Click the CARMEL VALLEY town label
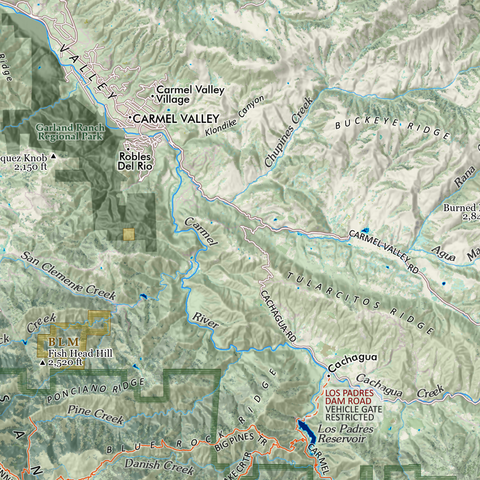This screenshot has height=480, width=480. (x=176, y=119)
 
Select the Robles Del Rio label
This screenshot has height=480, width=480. (x=135, y=161)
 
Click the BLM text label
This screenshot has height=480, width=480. (x=64, y=342)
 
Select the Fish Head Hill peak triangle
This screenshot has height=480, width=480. (x=43, y=363)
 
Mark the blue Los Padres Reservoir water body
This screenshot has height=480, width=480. (x=306, y=430)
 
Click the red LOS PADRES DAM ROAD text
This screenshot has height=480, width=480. (x=350, y=396)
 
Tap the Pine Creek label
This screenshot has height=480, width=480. (x=96, y=413)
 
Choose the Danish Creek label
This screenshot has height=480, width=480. (x=159, y=466)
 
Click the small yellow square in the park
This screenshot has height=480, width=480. (x=128, y=234)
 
